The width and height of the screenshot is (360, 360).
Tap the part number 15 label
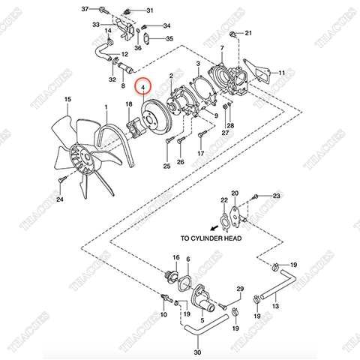tap(67, 100)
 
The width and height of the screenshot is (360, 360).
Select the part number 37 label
tap(85, 9)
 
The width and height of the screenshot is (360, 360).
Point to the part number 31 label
tap(148, 10)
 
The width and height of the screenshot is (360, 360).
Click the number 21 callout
tap(249, 33)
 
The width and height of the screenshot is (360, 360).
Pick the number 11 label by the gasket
tap(282, 73)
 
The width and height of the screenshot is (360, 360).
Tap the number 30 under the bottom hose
tap(198, 351)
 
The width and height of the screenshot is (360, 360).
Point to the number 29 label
tap(240, 289)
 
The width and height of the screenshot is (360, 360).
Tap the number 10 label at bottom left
tap(163, 315)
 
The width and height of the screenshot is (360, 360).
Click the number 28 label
tap(229, 124)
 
